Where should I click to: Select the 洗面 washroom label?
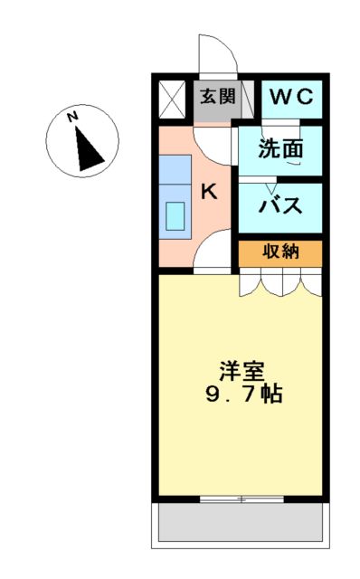tap(279, 148)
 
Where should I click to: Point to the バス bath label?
tap(279, 205)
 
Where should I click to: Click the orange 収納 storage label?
tap(279, 252)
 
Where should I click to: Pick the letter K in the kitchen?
tap(208, 191)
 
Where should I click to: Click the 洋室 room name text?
tap(242, 371)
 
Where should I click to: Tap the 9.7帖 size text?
tap(242, 394)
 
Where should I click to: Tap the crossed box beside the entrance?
tap(171, 97)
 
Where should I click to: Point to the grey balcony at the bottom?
tap(241, 522)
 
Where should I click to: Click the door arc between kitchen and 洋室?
tap(215, 253)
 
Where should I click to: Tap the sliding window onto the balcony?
tap(241, 498)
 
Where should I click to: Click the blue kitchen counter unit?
tap(175, 195)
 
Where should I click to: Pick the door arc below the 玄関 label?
tap(213, 136)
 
